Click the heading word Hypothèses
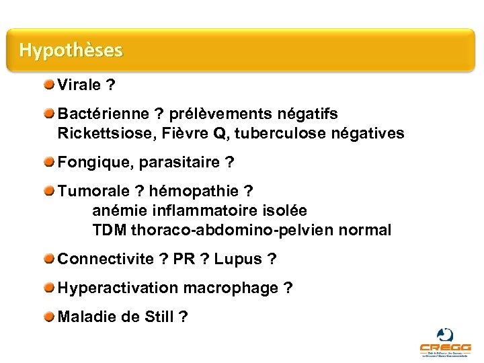point(71,50)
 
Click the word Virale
point(80,85)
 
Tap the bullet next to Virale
point(51,85)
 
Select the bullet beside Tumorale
point(51,191)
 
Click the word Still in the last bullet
point(159,317)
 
